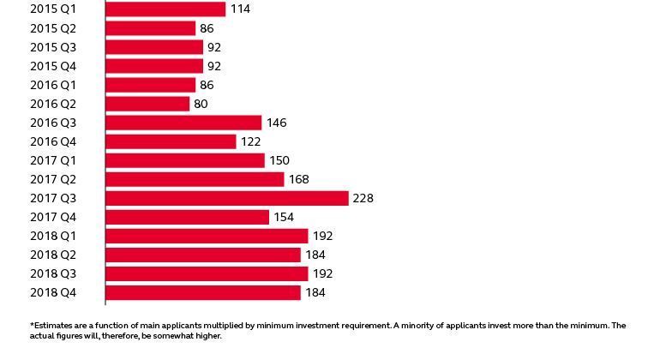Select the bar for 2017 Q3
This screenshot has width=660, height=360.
pyautogui.click(x=226, y=198)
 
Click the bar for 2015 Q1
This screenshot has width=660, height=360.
pyautogui.click(x=165, y=9)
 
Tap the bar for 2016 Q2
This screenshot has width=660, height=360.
pyautogui.click(x=147, y=104)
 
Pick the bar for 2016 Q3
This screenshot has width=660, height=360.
pyautogui.click(x=183, y=123)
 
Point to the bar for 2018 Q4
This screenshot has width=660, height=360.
pyautogui.click(x=202, y=292)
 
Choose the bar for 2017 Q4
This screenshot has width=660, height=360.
pyautogui.click(x=187, y=217)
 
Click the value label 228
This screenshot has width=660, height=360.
pyautogui.click(x=363, y=198)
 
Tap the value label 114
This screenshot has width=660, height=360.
pyautogui.click(x=241, y=9)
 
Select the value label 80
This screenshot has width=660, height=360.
pyautogui.click(x=201, y=104)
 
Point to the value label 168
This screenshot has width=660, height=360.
pyautogui.click(x=299, y=179)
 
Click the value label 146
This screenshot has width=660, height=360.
pyautogui.click(x=276, y=123)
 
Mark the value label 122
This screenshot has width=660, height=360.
pyautogui.click(x=250, y=141)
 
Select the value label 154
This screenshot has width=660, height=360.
pyautogui.click(x=284, y=217)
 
